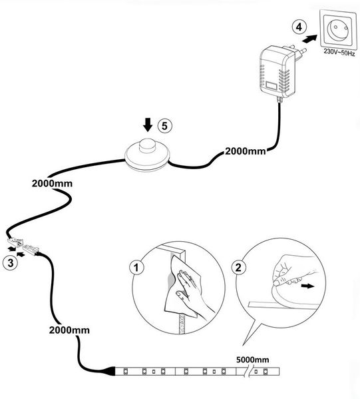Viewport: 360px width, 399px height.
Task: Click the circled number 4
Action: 299,27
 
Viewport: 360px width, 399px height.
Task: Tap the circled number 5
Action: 165,126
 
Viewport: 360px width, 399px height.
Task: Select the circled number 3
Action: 11,262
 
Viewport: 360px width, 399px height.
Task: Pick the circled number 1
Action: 136,267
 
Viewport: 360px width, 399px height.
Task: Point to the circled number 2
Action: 238,267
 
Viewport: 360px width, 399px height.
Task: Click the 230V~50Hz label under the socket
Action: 339,53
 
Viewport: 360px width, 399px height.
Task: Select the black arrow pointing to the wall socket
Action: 309,39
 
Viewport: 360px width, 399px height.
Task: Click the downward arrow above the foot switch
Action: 148,125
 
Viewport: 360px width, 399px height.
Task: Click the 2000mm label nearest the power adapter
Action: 246,151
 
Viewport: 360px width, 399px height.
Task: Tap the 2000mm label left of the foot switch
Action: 52,183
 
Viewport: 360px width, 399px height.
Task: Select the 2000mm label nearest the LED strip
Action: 69,330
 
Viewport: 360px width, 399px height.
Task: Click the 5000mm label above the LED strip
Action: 252,360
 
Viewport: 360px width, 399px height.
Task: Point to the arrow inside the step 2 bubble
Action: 307,286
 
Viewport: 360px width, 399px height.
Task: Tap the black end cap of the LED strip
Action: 111,371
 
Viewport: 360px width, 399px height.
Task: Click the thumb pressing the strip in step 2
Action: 279,282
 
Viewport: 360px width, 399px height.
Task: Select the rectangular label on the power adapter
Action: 271,85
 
